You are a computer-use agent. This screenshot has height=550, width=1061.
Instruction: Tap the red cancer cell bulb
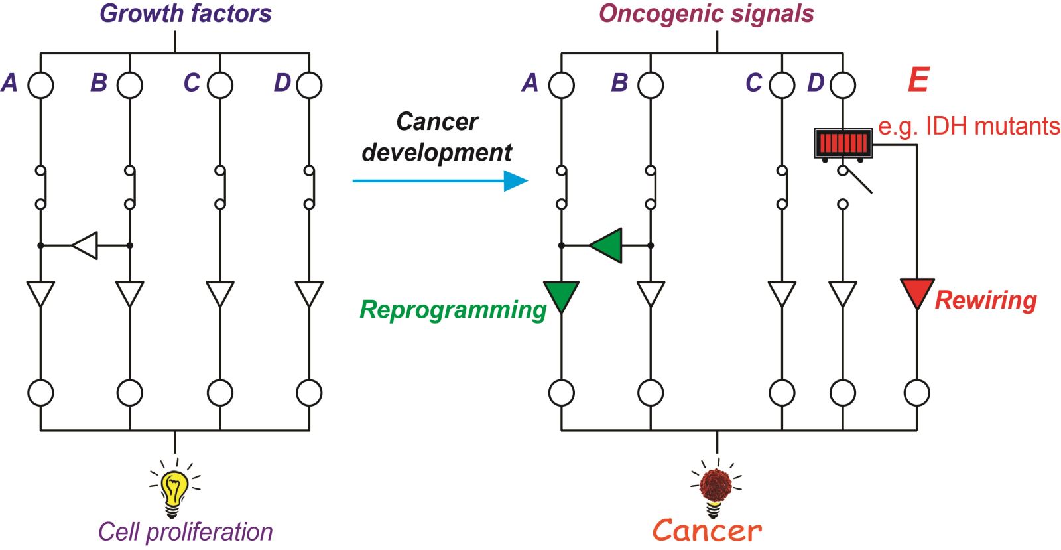point(716,488)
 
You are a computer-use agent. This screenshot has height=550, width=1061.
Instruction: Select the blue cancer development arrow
point(440,180)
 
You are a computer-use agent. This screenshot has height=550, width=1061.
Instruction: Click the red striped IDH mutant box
point(843,143)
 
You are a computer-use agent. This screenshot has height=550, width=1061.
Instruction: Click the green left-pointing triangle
point(605,245)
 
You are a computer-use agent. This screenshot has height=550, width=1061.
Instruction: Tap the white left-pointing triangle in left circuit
point(85,245)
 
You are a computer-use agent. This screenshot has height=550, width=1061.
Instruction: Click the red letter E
point(918,80)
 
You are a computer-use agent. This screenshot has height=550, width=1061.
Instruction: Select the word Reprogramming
point(454,309)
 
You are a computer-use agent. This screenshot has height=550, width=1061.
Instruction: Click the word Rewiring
point(986,300)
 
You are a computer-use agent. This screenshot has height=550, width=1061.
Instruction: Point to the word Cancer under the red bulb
point(707,531)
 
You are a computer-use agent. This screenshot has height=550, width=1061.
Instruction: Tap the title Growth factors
point(185,13)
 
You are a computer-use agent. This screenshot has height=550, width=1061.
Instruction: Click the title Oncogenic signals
point(707,13)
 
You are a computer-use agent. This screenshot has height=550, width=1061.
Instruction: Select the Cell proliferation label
point(185,532)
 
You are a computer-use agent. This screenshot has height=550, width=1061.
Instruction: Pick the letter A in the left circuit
point(10,82)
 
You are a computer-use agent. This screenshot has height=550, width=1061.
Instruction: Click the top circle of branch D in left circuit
point(309,86)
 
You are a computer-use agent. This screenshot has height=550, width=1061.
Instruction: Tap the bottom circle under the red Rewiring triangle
point(917,393)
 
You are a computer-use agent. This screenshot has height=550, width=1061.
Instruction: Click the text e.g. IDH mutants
point(969,127)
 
